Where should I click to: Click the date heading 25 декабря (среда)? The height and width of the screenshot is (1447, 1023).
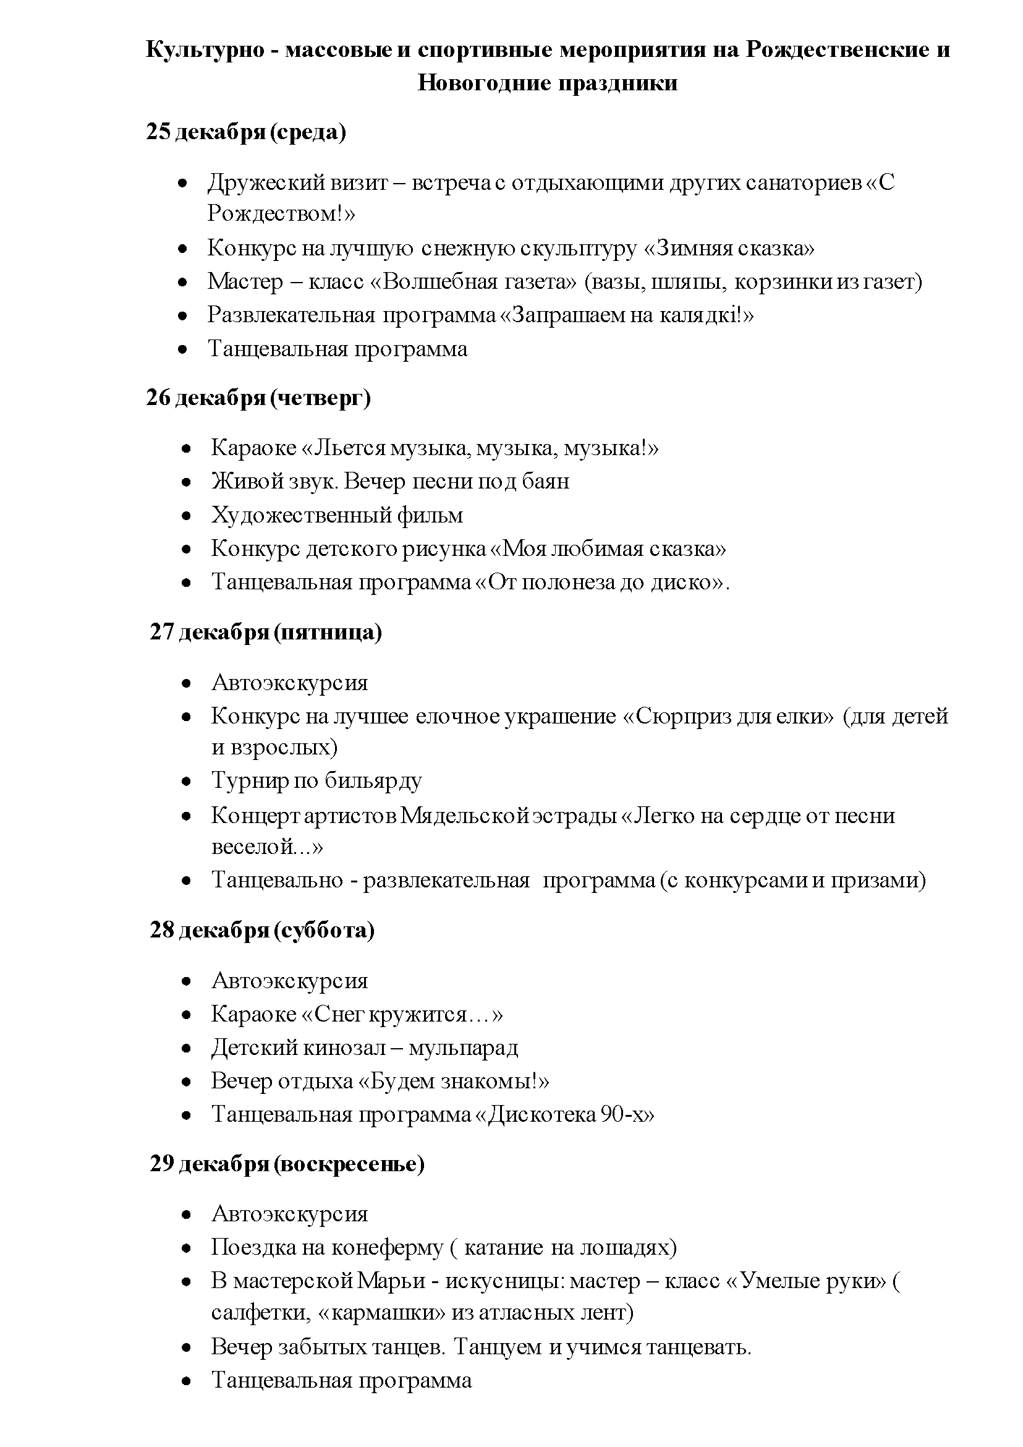pos(245,132)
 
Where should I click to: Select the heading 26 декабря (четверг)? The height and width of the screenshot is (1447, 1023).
pos(258,398)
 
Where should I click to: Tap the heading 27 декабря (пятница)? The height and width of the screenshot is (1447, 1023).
pos(265,632)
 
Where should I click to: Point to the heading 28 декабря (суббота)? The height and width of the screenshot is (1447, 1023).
pos(262,930)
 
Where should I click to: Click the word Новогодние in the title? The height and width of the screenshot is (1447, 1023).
pos(479,83)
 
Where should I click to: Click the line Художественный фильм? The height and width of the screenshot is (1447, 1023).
pos(337,516)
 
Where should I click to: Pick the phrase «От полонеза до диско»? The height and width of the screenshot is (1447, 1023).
pos(599,582)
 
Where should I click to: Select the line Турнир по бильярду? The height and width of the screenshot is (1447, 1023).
pos(316,781)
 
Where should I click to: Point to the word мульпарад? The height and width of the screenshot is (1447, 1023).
pos(463,1048)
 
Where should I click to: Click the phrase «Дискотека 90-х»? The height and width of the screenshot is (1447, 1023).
pos(564,1114)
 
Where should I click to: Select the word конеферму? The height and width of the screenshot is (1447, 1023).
pos(388,1247)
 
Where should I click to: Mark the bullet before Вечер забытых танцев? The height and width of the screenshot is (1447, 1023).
pos(186,1348)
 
